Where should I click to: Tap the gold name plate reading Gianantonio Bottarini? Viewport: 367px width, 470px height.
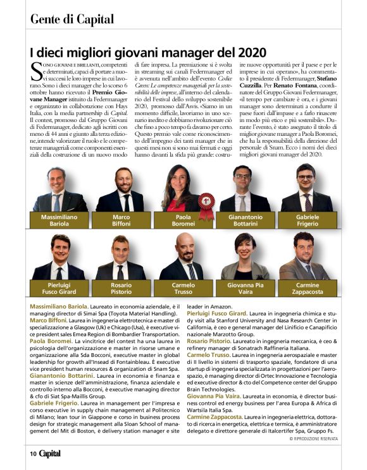(x=243, y=220)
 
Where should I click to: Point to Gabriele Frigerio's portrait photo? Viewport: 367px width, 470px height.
(x=307, y=188)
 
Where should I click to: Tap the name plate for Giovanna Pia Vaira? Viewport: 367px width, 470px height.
(x=245, y=288)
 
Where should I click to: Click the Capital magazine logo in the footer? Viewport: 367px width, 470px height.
(x=50, y=452)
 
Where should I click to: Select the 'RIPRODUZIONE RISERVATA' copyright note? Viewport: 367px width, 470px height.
(x=313, y=438)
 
